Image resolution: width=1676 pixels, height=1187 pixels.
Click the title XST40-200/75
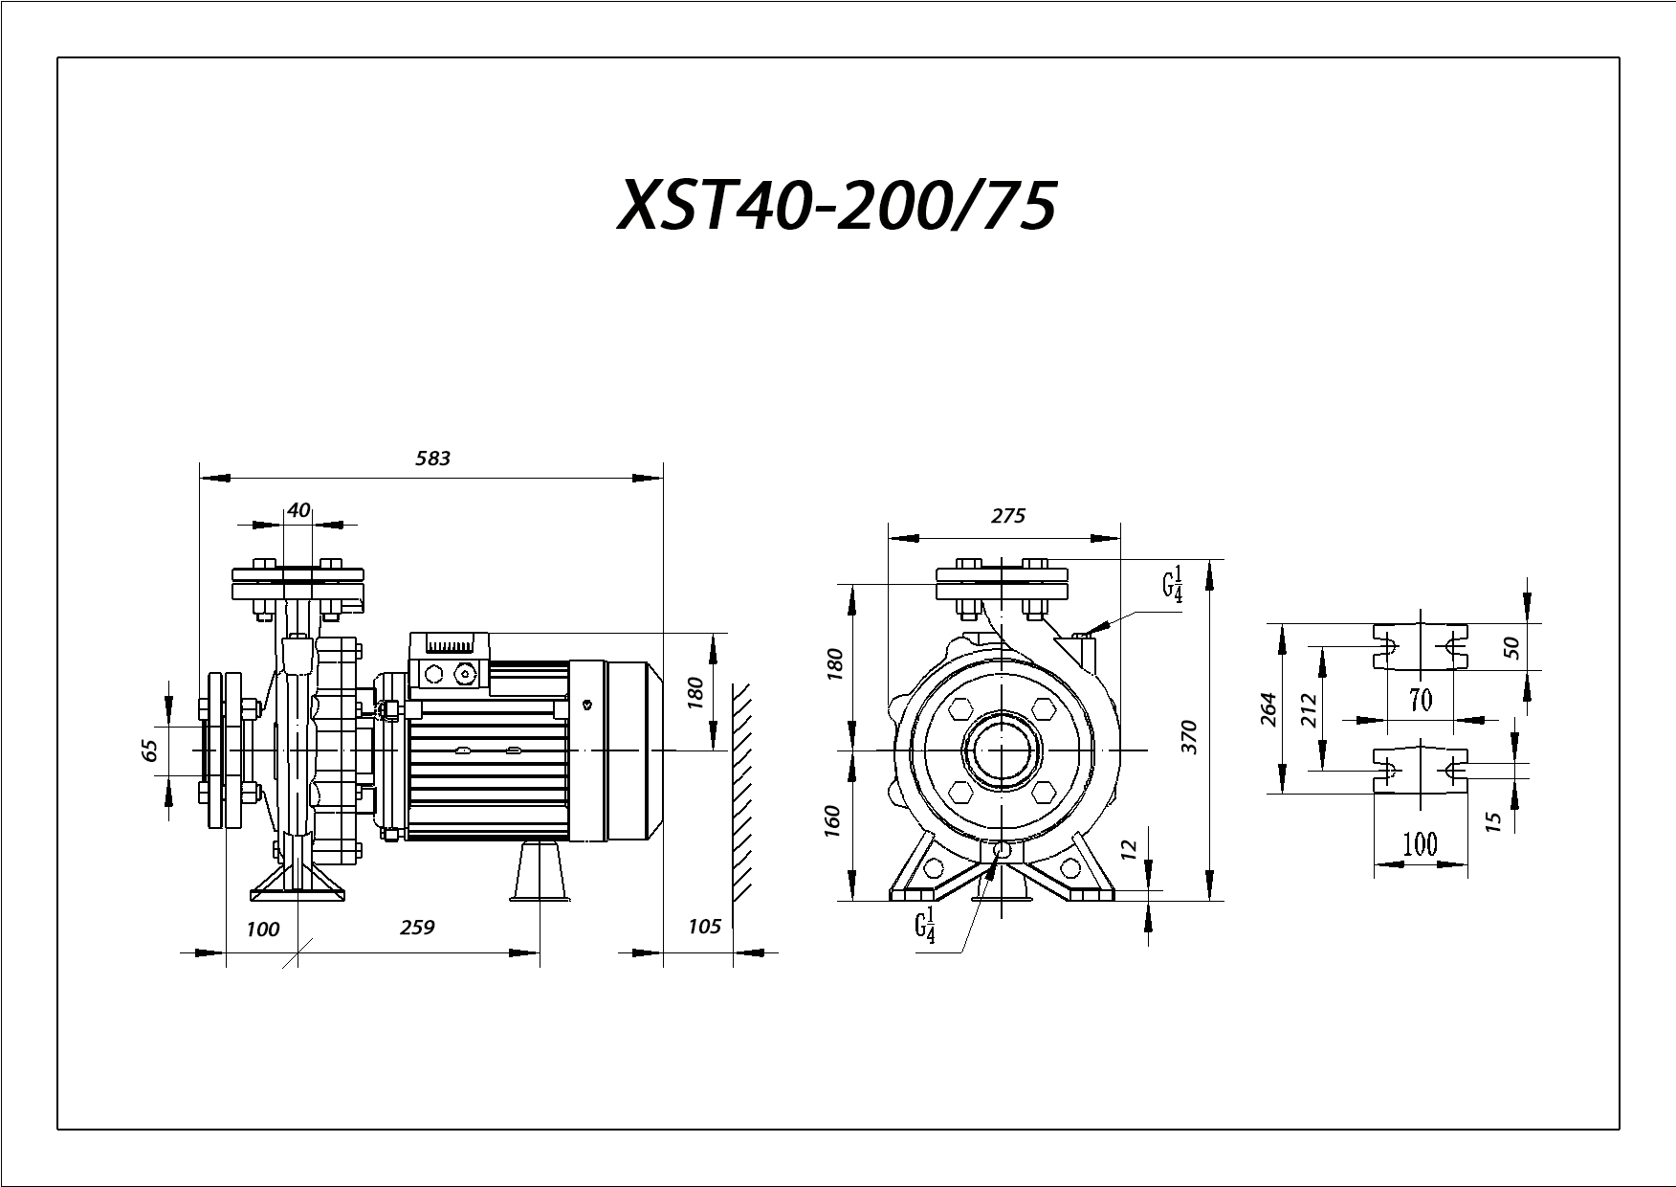[837, 206]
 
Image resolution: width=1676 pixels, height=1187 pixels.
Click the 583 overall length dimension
[432, 459]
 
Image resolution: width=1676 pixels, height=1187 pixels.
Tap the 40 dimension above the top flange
[298, 510]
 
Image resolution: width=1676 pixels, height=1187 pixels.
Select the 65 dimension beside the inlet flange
[149, 750]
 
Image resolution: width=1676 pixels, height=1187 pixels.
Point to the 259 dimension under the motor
[417, 928]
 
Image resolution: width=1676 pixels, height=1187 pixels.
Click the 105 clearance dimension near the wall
[704, 926]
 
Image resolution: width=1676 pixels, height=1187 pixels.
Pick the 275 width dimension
[1007, 516]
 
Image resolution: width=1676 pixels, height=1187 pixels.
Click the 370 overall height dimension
[1189, 737]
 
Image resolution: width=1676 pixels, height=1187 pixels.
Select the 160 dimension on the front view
[831, 822]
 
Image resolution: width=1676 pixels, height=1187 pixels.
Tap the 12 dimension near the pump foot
[1129, 848]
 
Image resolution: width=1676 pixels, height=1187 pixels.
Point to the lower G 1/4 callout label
[924, 928]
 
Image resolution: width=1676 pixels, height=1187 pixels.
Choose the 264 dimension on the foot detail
[1268, 709]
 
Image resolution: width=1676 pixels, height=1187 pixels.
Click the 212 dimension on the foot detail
[1310, 710]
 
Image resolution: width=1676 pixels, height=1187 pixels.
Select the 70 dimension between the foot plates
[1421, 701]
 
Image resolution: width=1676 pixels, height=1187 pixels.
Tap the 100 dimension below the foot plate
[1420, 844]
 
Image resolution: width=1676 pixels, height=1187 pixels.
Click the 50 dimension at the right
[1511, 647]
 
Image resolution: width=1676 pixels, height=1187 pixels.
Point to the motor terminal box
[450, 661]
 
